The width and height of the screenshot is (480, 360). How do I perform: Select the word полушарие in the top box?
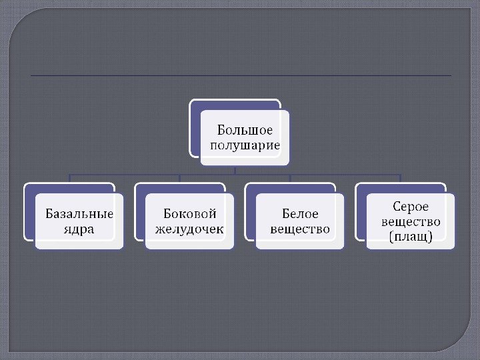click(x=245, y=145)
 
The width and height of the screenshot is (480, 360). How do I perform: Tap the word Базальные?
click(x=79, y=214)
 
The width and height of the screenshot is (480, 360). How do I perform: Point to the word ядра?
click(x=79, y=229)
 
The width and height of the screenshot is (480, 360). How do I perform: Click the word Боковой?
click(x=190, y=214)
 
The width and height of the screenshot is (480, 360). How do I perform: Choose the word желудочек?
click(x=190, y=229)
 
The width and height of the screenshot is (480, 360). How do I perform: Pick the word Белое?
click(x=300, y=214)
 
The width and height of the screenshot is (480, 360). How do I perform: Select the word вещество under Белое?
click(x=300, y=229)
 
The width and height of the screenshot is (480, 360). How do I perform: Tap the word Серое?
click(x=411, y=207)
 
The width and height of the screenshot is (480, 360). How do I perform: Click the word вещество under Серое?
click(x=411, y=221)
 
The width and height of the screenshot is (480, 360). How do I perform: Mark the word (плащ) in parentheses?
click(x=411, y=236)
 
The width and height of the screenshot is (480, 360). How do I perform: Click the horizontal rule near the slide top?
click(x=240, y=76)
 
